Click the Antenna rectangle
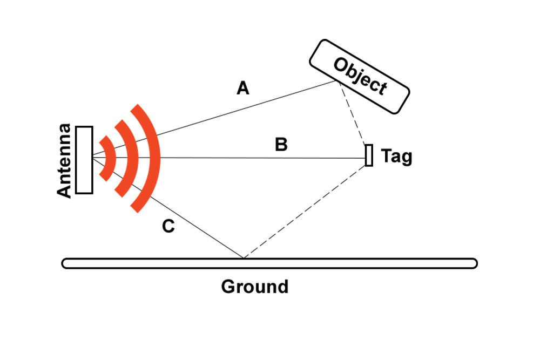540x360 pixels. [84, 159]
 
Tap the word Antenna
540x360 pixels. [64, 161]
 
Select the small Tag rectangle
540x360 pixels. [369, 155]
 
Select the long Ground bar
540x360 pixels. [324, 263]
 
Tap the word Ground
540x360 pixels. [254, 286]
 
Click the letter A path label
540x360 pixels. [243, 88]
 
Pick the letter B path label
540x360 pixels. [281, 145]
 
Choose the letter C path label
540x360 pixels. [168, 227]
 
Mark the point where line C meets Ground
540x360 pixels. [243, 259]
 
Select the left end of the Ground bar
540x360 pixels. [65, 263]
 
